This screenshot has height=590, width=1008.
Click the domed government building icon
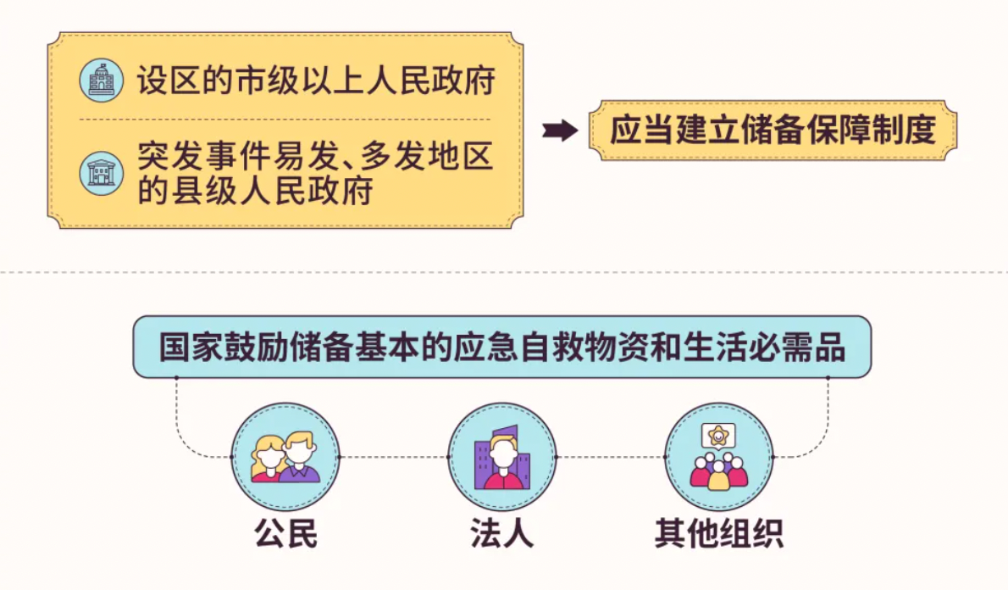(101, 81)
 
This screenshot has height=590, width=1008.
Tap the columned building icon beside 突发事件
(101, 173)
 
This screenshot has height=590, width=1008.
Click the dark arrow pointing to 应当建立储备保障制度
(559, 130)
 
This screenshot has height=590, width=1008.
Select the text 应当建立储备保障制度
(773, 130)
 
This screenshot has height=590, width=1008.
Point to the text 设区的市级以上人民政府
(316, 81)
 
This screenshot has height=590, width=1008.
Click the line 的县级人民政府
(255, 191)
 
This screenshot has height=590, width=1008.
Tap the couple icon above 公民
(285, 457)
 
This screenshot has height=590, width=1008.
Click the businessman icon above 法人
(502, 457)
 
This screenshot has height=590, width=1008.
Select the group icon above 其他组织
(718, 457)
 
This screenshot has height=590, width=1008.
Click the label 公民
(285, 534)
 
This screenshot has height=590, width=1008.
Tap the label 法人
(502, 534)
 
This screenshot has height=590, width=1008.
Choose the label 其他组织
(718, 534)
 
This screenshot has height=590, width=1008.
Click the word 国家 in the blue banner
(191, 348)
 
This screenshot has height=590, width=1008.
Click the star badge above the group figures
(717, 437)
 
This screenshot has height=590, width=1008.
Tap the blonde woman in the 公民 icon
(269, 458)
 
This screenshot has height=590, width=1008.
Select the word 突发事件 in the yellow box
(204, 156)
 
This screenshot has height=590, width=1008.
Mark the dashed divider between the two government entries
(284, 120)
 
